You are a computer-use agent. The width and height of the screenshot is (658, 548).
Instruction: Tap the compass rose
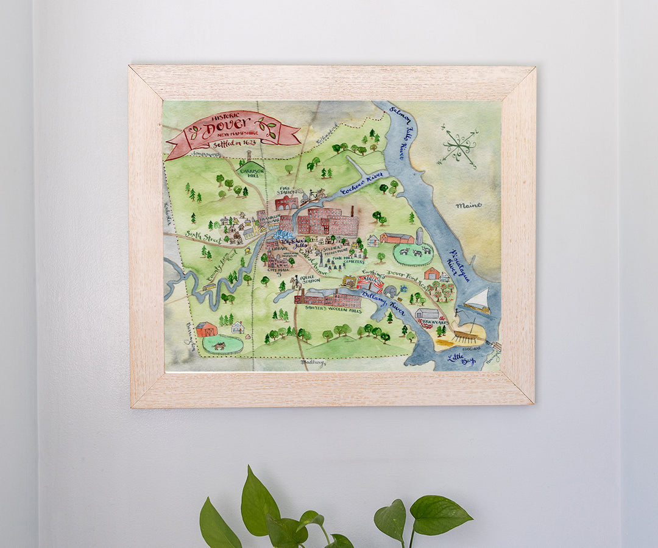click(459, 146)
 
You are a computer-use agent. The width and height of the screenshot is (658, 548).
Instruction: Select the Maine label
click(468, 206)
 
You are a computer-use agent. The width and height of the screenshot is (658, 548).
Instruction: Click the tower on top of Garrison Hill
click(249, 156)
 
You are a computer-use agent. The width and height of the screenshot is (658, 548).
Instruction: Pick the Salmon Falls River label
click(403, 140)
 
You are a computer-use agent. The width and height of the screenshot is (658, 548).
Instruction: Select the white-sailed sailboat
click(479, 301)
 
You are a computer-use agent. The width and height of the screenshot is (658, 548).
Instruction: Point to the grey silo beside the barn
click(419, 236)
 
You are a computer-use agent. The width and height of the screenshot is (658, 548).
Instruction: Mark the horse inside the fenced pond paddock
click(219, 345)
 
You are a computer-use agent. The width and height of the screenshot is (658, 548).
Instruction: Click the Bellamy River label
click(383, 300)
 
